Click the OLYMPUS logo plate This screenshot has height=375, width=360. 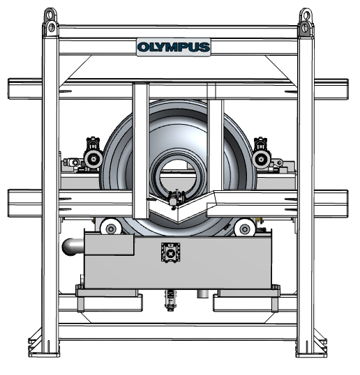(174, 47)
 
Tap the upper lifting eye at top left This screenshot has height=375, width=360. (50, 15)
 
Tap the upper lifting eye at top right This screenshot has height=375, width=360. (306, 15)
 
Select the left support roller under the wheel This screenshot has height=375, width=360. (111, 229)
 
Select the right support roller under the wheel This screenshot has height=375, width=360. (244, 229)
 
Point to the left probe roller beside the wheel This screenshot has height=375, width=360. (93, 158)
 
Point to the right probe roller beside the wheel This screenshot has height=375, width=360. (262, 159)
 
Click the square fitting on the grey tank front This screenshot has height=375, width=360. (170, 252)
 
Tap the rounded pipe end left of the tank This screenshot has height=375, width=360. (72, 247)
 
